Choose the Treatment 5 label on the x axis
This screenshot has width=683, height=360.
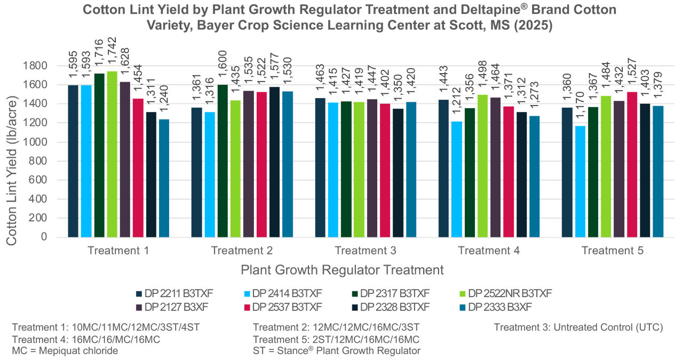point(612,251)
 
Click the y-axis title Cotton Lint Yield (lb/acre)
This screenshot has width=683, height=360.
point(12,152)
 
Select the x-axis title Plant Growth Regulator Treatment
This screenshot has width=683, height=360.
point(342,270)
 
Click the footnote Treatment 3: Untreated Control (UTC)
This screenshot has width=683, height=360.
point(578,327)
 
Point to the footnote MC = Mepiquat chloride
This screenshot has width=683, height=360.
point(65,350)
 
